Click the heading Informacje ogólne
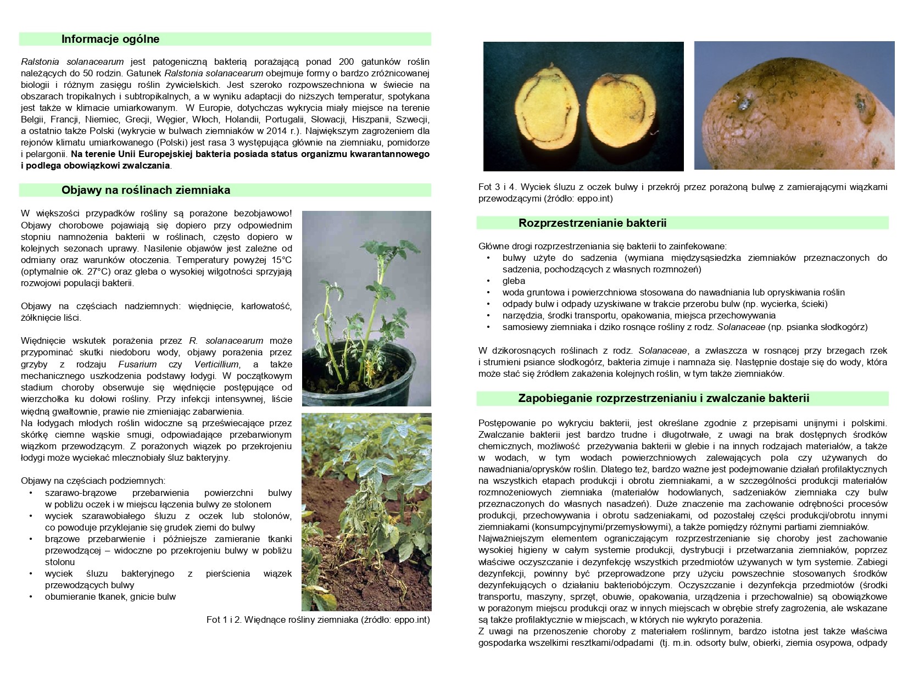(x=110, y=39)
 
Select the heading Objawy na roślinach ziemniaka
(x=146, y=190)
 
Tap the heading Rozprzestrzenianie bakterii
(x=592, y=223)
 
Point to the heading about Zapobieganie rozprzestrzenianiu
(x=664, y=398)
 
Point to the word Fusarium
(x=137, y=364)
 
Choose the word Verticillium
(x=216, y=364)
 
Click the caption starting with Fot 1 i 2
(x=318, y=620)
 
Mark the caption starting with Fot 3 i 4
(x=682, y=193)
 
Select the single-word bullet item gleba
(x=514, y=281)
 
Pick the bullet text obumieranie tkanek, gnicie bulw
(x=110, y=596)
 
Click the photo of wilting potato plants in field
(x=366, y=512)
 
